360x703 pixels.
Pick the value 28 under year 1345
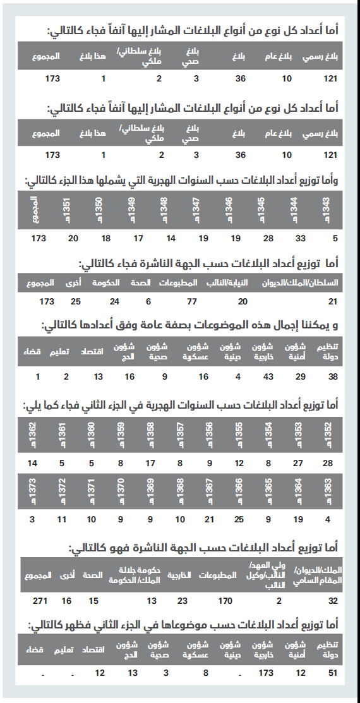(268, 239)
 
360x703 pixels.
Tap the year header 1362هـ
(33, 435)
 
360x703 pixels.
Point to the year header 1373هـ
(33, 492)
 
